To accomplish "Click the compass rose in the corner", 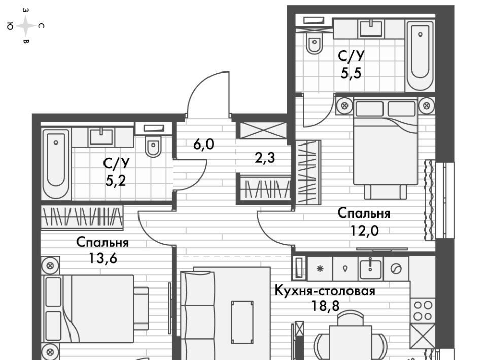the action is pyautogui.click(x=26, y=26).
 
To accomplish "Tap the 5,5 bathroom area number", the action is pyautogui.click(x=351, y=74).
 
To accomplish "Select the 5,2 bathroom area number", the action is pyautogui.click(x=116, y=181).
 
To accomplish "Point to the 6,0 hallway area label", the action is pyautogui.click(x=203, y=145).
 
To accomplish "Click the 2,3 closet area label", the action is pyautogui.click(x=265, y=158).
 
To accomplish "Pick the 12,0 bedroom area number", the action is pyautogui.click(x=365, y=231).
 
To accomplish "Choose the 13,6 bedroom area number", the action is pyautogui.click(x=103, y=258).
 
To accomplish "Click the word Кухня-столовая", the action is pyautogui.click(x=325, y=291).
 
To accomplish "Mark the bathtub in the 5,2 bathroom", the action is pyautogui.click(x=56, y=164).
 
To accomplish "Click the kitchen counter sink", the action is pyautogui.click(x=370, y=268).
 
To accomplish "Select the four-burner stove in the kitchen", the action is pyautogui.click(x=423, y=311).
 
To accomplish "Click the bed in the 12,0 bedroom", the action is pyautogui.click(x=385, y=148).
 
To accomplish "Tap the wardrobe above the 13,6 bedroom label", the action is pyautogui.click(x=82, y=217).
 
